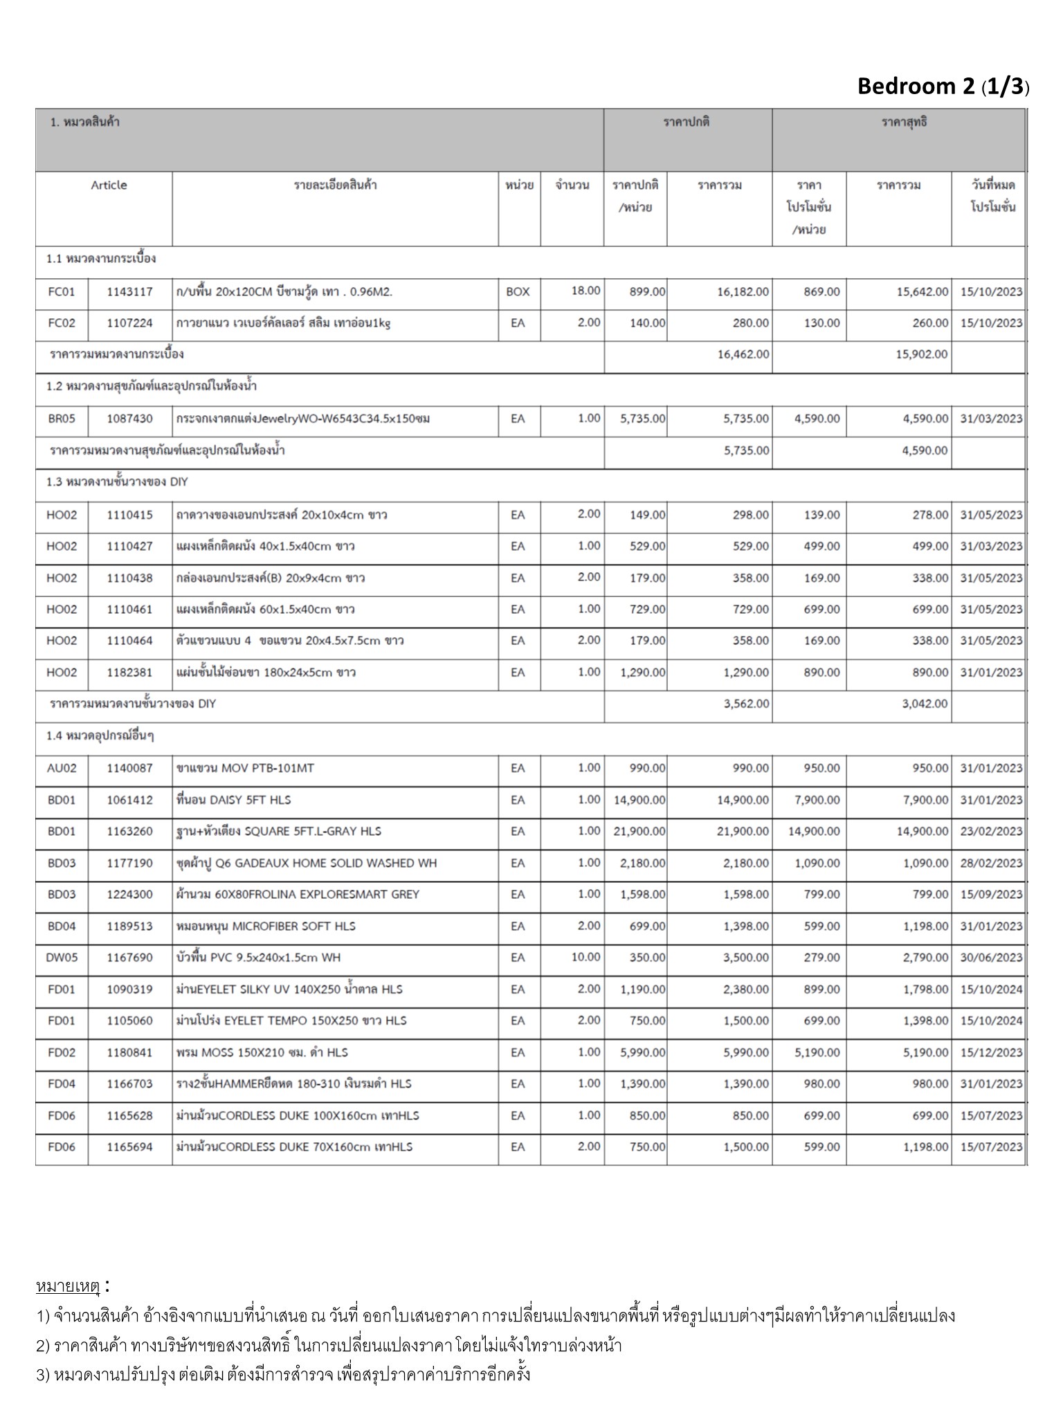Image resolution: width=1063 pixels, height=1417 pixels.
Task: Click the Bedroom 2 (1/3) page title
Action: click(943, 86)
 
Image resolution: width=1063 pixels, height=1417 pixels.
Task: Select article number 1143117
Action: click(129, 292)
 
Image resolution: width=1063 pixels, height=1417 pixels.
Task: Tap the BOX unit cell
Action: click(518, 292)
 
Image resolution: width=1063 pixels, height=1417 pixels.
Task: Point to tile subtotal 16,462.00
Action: click(743, 354)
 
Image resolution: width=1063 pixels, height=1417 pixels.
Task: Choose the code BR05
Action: click(62, 419)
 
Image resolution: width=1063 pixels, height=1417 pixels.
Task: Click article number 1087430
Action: click(129, 419)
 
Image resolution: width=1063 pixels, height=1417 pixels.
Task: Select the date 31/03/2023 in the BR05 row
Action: click(991, 419)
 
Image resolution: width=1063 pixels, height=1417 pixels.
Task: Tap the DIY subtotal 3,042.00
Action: click(925, 704)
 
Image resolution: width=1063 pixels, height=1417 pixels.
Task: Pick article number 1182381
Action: click(129, 673)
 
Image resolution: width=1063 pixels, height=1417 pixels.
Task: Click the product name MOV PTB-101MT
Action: click(246, 768)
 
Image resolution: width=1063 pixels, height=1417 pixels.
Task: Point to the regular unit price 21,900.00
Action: click(639, 831)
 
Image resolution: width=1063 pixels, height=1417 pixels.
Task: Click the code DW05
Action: click(62, 958)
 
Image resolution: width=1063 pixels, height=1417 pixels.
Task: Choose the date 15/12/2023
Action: click(991, 1052)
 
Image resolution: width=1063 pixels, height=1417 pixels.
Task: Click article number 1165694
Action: click(129, 1146)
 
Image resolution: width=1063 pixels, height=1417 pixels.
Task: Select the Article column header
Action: click(109, 185)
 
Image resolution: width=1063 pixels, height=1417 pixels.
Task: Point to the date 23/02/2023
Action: click(991, 831)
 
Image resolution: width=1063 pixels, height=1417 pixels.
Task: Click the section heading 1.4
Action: click(100, 735)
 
